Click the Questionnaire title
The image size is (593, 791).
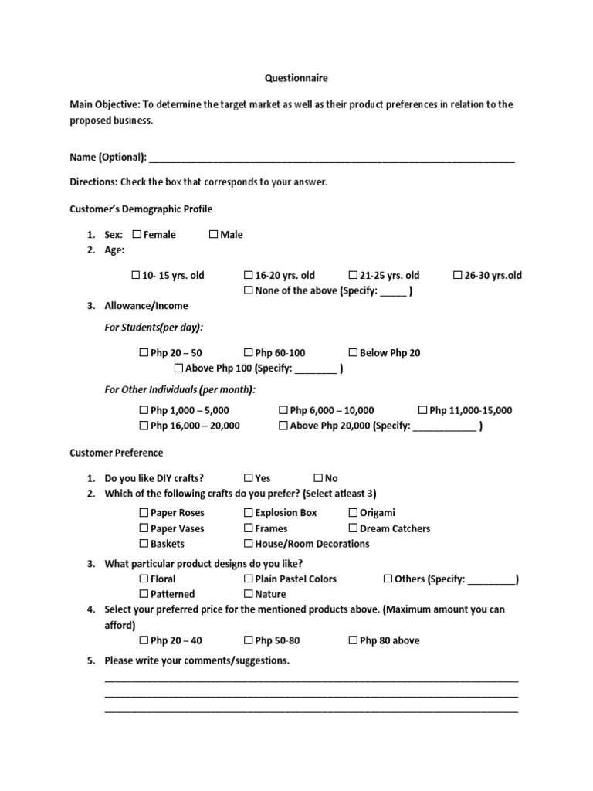[x=296, y=78]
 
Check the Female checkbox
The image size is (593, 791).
[x=137, y=235]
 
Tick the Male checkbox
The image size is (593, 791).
[x=213, y=235]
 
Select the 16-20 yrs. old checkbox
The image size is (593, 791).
[x=249, y=275]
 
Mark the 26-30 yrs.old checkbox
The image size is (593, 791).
[x=458, y=275]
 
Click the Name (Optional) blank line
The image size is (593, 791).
[x=332, y=158]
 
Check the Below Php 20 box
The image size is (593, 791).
[x=353, y=353]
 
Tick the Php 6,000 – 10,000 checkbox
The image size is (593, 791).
[x=283, y=410]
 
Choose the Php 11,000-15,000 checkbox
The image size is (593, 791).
[x=422, y=410]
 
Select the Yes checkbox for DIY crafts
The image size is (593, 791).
[x=249, y=478]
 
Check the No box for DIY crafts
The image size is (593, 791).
[x=318, y=478]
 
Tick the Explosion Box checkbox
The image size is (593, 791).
[x=249, y=513]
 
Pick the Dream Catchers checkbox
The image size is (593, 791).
[x=353, y=528]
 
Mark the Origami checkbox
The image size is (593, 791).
[x=353, y=513]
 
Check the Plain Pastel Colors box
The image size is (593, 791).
[x=249, y=579]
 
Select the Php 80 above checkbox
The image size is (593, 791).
[x=353, y=640]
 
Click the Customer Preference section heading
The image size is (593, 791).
[x=116, y=453]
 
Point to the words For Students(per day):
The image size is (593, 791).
[x=154, y=328]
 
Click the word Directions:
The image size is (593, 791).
[x=93, y=182]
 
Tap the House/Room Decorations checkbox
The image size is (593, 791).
[x=249, y=544]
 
